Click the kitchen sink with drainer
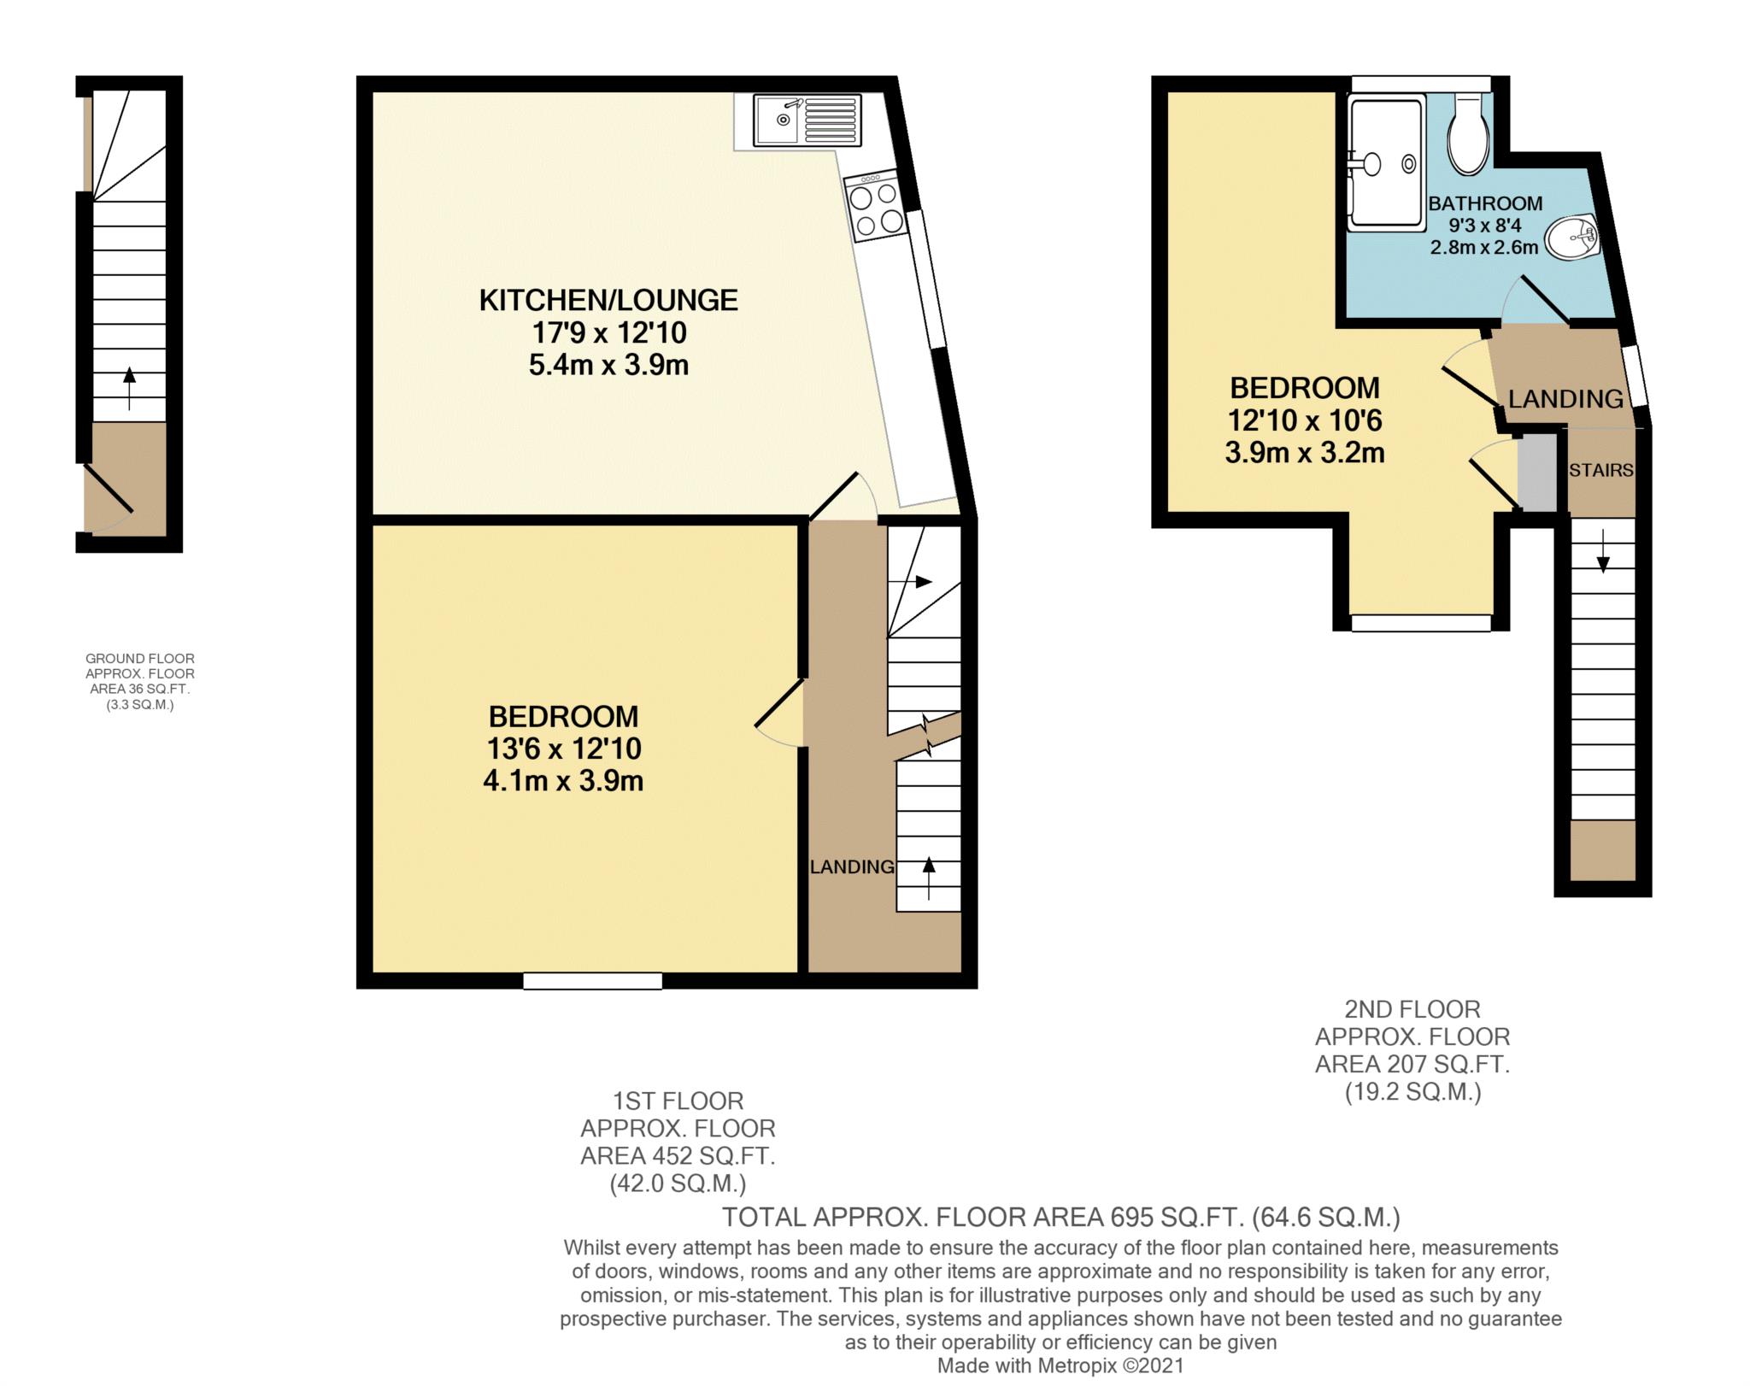tap(807, 120)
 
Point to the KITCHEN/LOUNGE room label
tap(608, 300)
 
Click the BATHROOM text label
tap(1486, 203)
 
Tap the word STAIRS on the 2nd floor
tap(1600, 470)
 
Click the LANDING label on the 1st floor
tap(852, 866)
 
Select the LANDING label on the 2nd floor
tap(1565, 398)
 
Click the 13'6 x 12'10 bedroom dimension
tap(564, 749)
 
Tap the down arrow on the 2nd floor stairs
tap(1603, 551)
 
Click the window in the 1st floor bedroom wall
tap(593, 981)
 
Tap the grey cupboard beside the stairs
tap(1538, 473)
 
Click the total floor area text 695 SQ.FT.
tap(1061, 1217)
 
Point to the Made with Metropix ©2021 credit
tap(1060, 1365)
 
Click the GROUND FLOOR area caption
tap(140, 682)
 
